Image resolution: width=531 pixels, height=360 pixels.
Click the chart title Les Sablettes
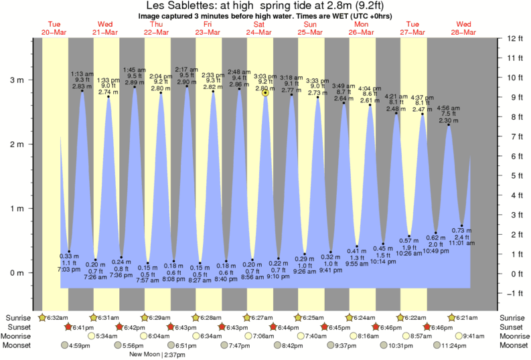265,5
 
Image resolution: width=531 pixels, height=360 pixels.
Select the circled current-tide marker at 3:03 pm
266,93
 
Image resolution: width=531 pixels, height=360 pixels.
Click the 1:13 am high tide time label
82,74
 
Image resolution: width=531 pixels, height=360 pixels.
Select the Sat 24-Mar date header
259,27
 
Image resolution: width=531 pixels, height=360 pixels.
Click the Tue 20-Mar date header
55,27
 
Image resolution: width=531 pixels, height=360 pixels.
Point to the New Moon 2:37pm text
156,355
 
